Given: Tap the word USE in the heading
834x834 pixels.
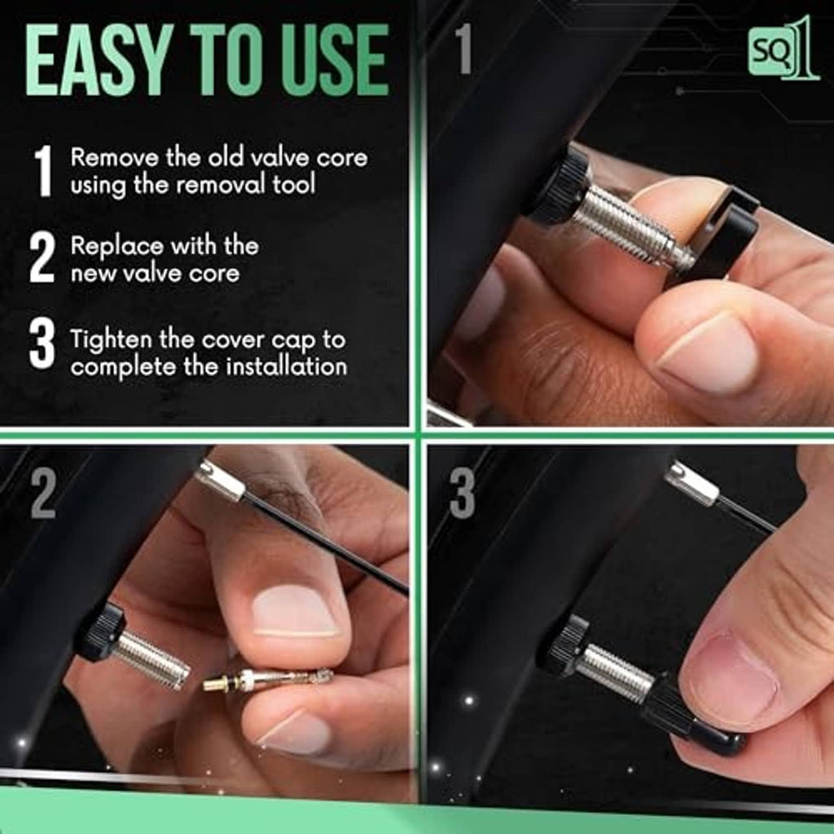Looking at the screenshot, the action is point(335,59).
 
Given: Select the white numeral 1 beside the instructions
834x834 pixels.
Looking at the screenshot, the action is point(43,171).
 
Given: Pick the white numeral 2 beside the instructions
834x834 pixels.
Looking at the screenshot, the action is point(42,257).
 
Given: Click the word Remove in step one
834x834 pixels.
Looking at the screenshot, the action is point(114,157).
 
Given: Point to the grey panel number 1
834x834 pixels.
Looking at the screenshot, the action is point(463,48).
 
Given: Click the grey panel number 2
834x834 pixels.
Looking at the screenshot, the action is point(43,493).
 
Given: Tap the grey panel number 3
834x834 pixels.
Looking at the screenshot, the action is point(463,493).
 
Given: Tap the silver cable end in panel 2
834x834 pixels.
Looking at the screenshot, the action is point(221,481).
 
